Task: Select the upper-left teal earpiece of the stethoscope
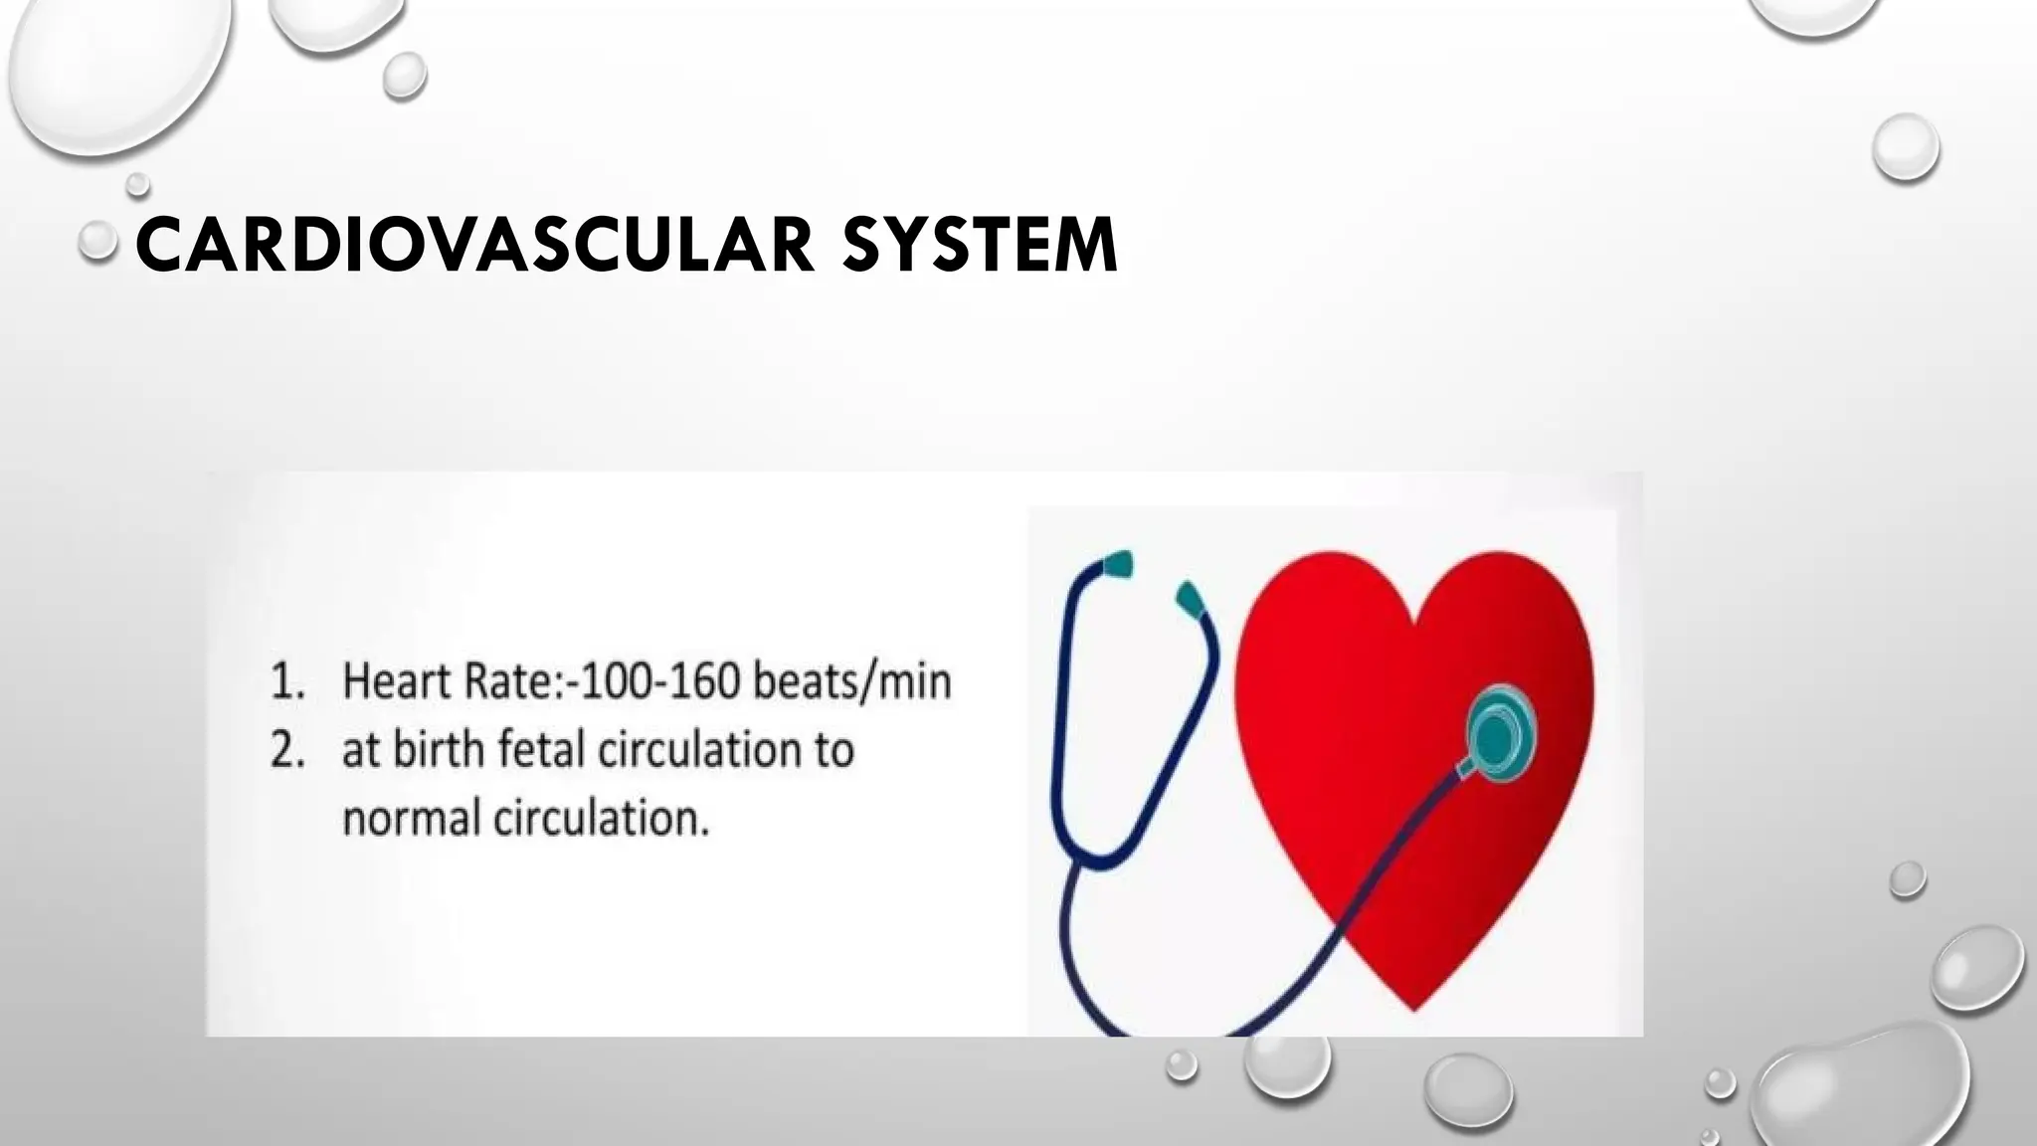(1117, 564)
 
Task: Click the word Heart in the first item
(397, 682)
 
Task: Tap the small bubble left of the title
(97, 241)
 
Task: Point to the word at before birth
(361, 751)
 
